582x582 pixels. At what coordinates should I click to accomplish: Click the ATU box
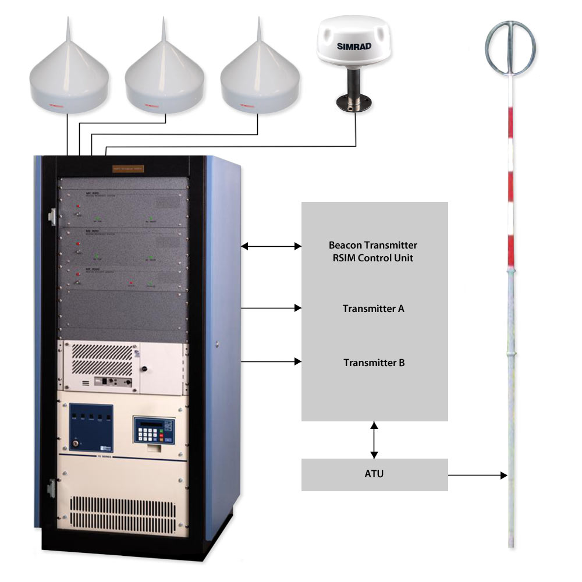coord(374,474)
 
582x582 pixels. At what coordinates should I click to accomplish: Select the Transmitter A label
coord(373,308)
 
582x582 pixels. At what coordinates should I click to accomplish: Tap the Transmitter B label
coord(374,363)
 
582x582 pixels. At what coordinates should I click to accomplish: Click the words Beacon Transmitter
coord(373,246)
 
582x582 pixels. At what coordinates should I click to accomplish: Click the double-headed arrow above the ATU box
coord(374,439)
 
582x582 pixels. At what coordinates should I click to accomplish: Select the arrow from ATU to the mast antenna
coord(477,475)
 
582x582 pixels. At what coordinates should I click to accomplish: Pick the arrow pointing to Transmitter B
coord(271,362)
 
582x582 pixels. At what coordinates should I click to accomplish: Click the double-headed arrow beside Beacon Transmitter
coord(271,247)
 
